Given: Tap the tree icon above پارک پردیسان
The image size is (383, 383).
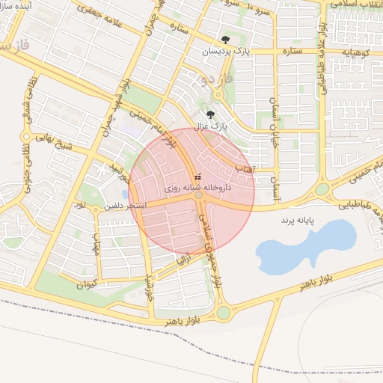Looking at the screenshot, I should (225, 40).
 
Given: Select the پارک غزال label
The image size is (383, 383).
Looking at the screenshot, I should (210, 126).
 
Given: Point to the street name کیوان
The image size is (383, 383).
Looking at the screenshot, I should (87, 284).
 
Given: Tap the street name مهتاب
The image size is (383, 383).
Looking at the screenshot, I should (96, 247).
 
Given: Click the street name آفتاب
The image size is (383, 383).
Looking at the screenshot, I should (244, 171).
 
